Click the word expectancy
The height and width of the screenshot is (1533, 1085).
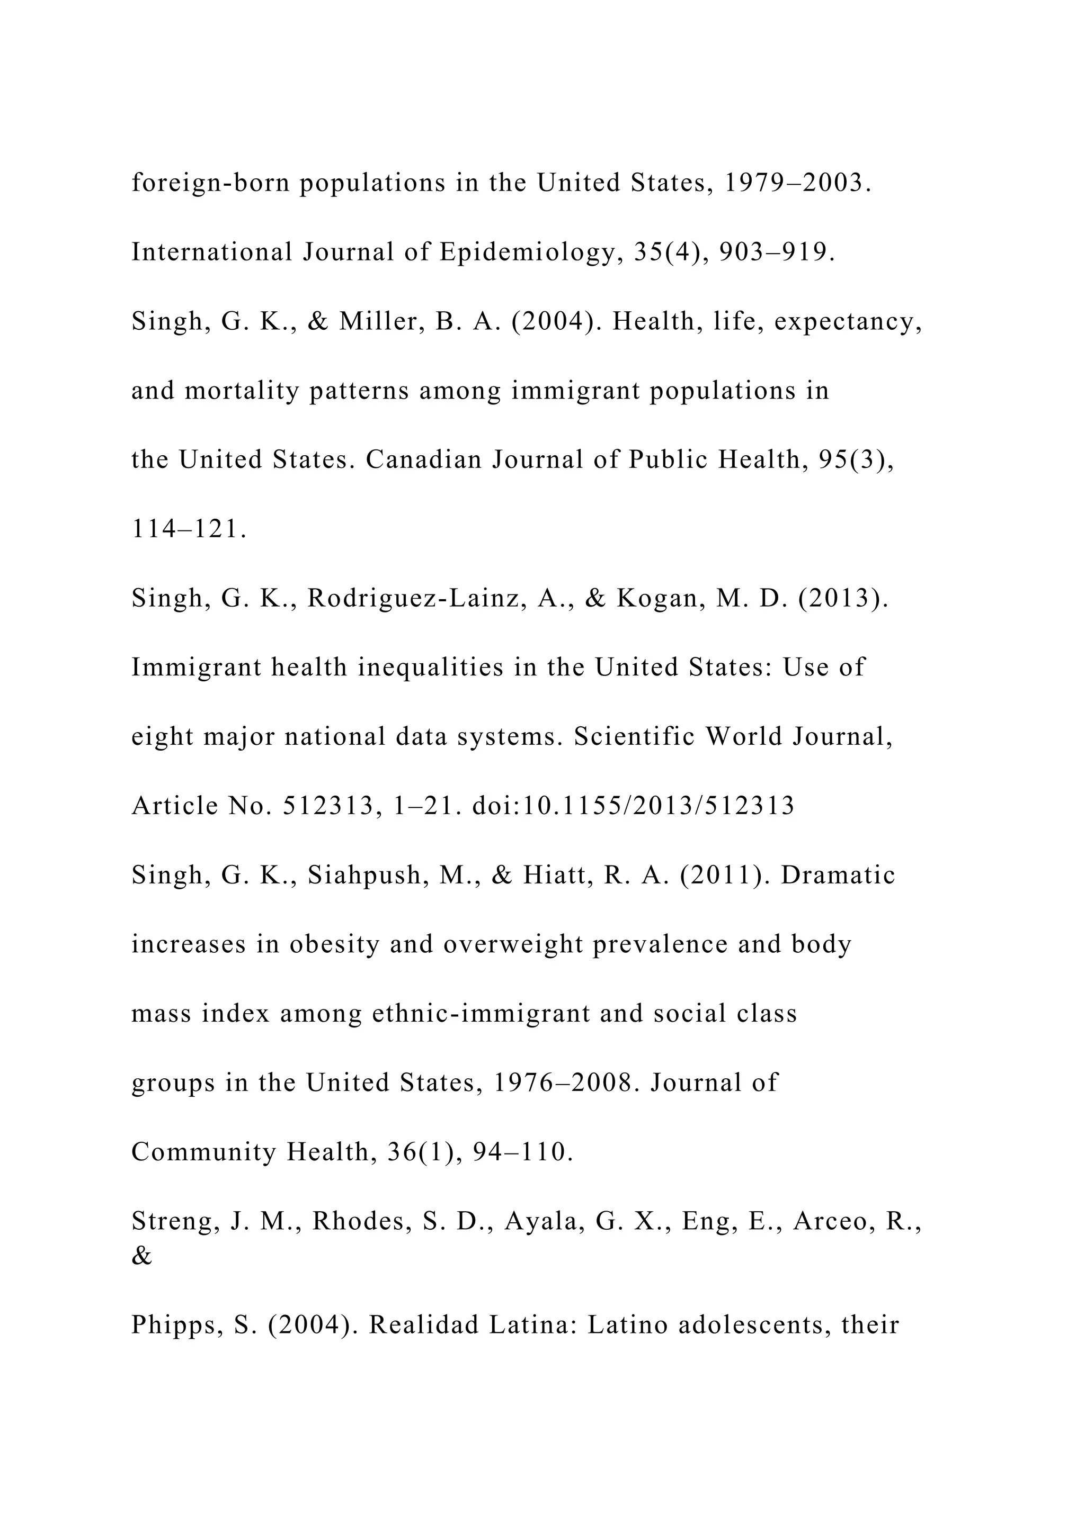point(849,322)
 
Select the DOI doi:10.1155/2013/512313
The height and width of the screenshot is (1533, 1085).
point(634,806)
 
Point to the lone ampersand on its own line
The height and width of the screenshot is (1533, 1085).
point(141,1257)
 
